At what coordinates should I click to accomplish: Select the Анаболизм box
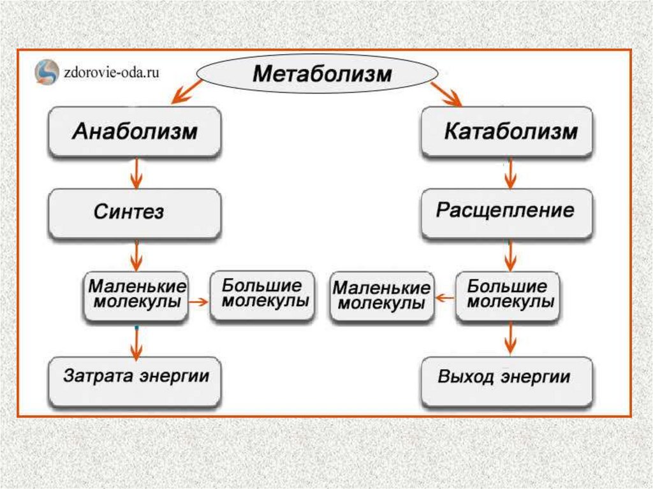(x=135, y=133)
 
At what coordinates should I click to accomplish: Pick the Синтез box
(x=135, y=212)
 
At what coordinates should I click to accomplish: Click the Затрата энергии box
(x=135, y=381)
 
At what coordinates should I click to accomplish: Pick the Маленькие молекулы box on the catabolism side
(x=381, y=295)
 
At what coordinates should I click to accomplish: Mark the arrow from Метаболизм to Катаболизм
(x=446, y=93)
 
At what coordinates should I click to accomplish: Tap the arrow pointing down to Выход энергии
(x=508, y=338)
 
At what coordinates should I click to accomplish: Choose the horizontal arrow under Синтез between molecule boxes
(x=199, y=302)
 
